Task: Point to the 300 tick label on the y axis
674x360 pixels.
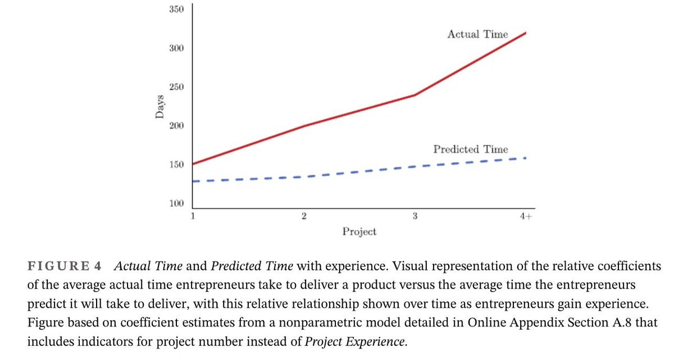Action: coord(176,48)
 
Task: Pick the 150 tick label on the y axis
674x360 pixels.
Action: coord(176,165)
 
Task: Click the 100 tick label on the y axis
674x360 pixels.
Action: coord(176,203)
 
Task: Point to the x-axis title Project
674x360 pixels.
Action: coord(359,231)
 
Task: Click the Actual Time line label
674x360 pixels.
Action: coord(477,34)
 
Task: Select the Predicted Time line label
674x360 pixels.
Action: coord(471,149)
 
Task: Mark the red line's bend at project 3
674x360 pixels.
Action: coord(415,95)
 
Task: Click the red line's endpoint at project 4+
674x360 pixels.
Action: coord(526,33)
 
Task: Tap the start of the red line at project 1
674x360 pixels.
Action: coord(193,164)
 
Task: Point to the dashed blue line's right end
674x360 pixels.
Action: coord(526,158)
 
